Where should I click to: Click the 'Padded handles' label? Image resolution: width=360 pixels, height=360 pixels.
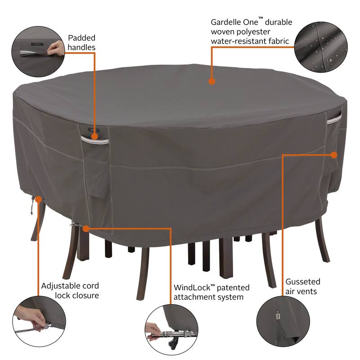[x=82, y=42]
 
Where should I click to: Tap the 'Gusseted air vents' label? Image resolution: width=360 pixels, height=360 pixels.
[x=303, y=286]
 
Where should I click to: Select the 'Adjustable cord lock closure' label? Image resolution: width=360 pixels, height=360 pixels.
[x=70, y=290]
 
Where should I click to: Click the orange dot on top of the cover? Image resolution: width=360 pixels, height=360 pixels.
[x=211, y=81]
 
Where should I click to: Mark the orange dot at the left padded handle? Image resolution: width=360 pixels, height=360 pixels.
[x=94, y=134]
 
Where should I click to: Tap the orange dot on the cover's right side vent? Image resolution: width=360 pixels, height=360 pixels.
[x=333, y=154]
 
